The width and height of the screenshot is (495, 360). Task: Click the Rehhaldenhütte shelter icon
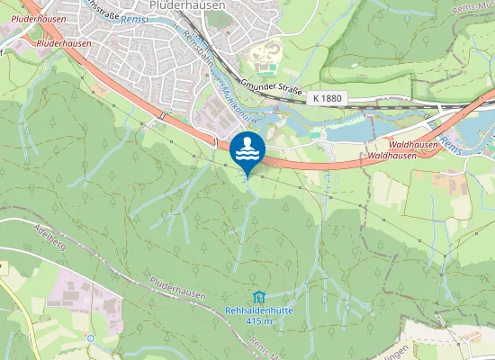(x=259, y=298)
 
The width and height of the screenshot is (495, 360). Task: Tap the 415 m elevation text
(x=259, y=321)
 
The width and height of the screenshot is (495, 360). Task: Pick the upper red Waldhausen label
(x=415, y=144)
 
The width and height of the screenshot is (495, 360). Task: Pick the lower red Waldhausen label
(x=396, y=156)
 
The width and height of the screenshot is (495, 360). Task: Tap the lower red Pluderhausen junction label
(x=64, y=42)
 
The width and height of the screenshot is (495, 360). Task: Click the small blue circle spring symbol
(x=91, y=338)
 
